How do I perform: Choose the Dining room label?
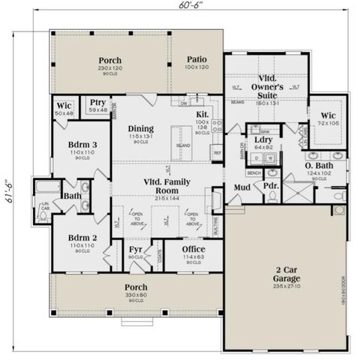tap(140, 128)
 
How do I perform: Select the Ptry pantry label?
tap(98, 103)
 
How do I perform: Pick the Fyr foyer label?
tap(136, 249)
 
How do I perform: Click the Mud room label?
tap(241, 187)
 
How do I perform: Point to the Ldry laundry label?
tap(263, 140)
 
